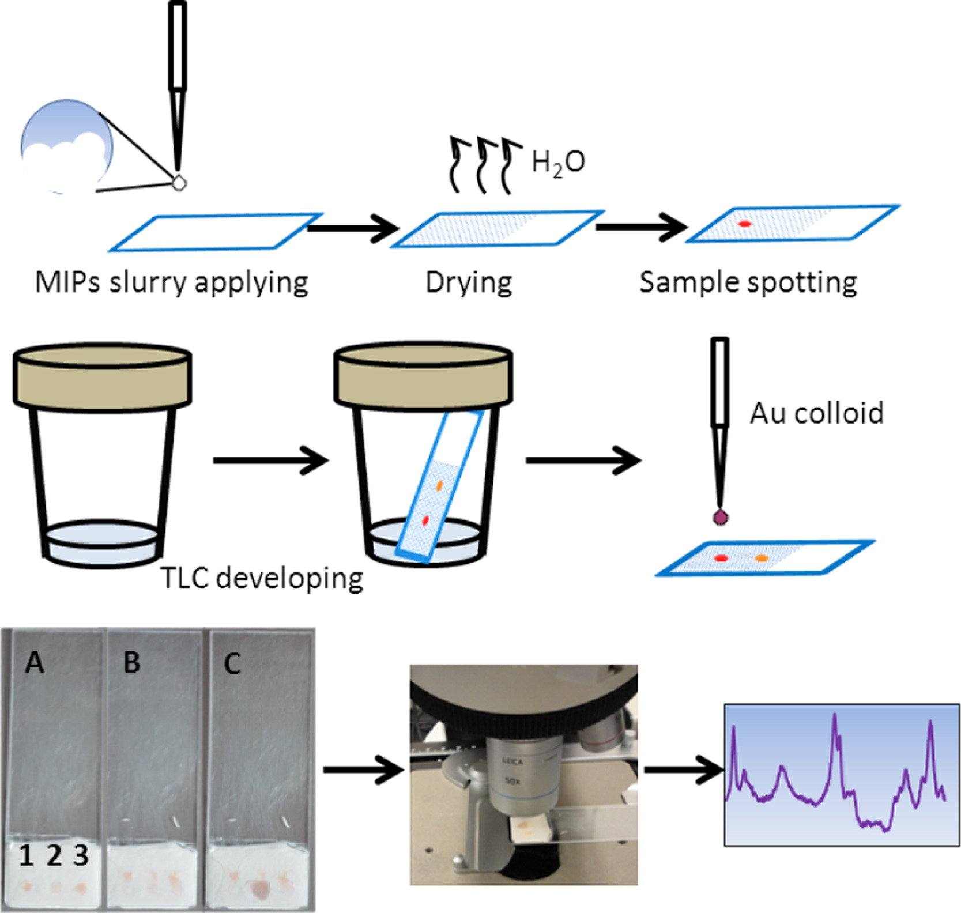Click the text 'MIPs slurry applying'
pos(171,282)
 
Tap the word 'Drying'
pos(469,282)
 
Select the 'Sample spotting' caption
pos(748,282)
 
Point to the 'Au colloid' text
pos(816,413)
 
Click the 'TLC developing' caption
pos(262,578)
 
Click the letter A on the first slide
pos(35,663)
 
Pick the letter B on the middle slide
pos(132,663)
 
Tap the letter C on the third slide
pos(232,664)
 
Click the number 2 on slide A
pos(54,855)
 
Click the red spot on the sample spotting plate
pos(744,224)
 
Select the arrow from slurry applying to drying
pos(353,228)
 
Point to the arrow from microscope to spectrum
pos(683,770)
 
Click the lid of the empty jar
pos(102,375)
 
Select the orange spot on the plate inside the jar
pos(439,486)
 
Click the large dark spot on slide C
pos(258,888)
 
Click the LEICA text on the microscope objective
pos(512,761)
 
